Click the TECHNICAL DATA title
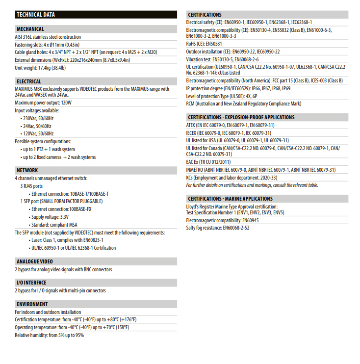36,15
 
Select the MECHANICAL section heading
30,29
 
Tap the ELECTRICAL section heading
29,81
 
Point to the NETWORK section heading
27,170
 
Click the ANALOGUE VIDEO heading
35,261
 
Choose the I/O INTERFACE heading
31,283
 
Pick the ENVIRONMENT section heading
32,304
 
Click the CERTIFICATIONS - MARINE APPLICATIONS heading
231,199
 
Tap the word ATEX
191,125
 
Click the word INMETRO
196,170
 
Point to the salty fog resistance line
217,228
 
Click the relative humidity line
49,335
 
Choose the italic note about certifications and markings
252,185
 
